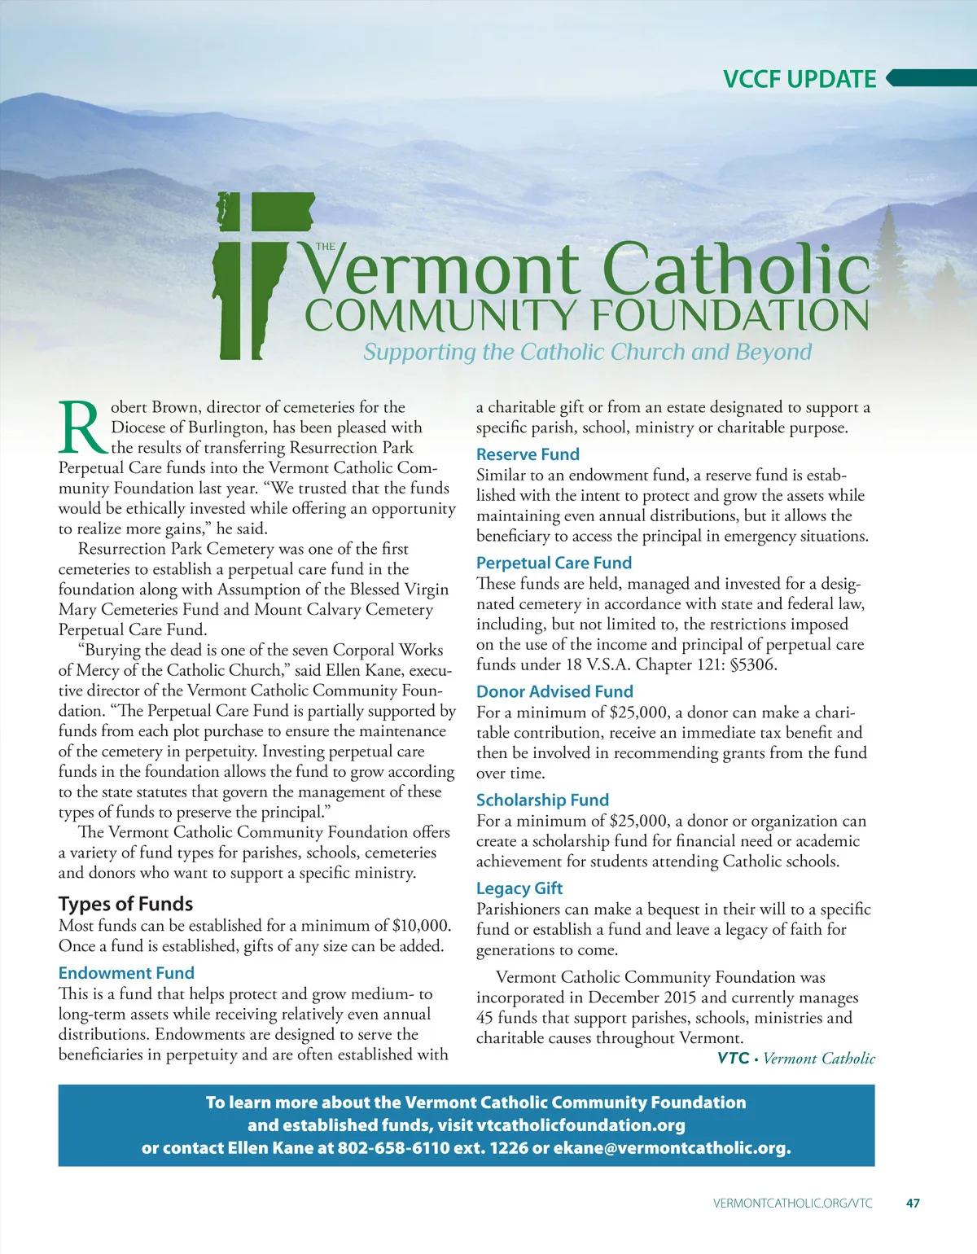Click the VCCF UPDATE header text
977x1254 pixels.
pos(800,79)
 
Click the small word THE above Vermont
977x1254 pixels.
pos(325,246)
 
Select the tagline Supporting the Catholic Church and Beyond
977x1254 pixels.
pos(587,352)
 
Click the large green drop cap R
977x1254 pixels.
pos(81,427)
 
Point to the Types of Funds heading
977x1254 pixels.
pos(125,904)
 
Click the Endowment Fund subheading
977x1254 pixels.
pos(126,973)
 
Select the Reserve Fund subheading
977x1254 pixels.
pos(528,454)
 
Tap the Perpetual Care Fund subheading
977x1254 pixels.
pos(554,563)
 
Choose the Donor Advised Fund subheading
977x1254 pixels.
pos(554,691)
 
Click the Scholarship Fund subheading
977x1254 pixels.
pos(542,800)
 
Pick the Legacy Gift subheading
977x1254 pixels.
pos(519,888)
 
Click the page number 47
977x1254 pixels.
pos(913,1203)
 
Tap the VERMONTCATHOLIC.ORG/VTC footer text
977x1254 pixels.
pos(792,1203)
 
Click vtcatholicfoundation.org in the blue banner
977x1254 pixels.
pos(581,1125)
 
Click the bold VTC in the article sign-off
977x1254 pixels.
pos(733,1058)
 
